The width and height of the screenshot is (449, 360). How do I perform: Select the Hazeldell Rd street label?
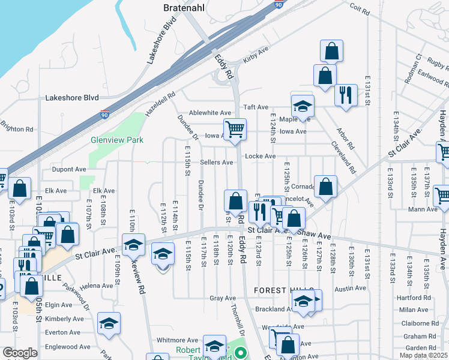(160, 104)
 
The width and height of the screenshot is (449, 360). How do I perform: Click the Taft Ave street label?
(256, 107)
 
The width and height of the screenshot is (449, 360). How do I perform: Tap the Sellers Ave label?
(216, 163)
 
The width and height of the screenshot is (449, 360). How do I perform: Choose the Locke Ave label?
(260, 157)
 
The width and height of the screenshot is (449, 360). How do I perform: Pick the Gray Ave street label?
(222, 298)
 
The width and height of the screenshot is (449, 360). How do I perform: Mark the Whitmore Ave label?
(177, 340)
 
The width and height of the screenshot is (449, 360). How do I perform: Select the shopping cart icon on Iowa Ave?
(235, 128)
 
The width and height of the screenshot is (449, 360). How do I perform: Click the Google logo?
(20, 353)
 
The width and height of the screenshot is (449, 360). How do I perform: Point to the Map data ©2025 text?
(423, 355)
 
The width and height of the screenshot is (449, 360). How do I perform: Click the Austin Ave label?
(350, 289)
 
